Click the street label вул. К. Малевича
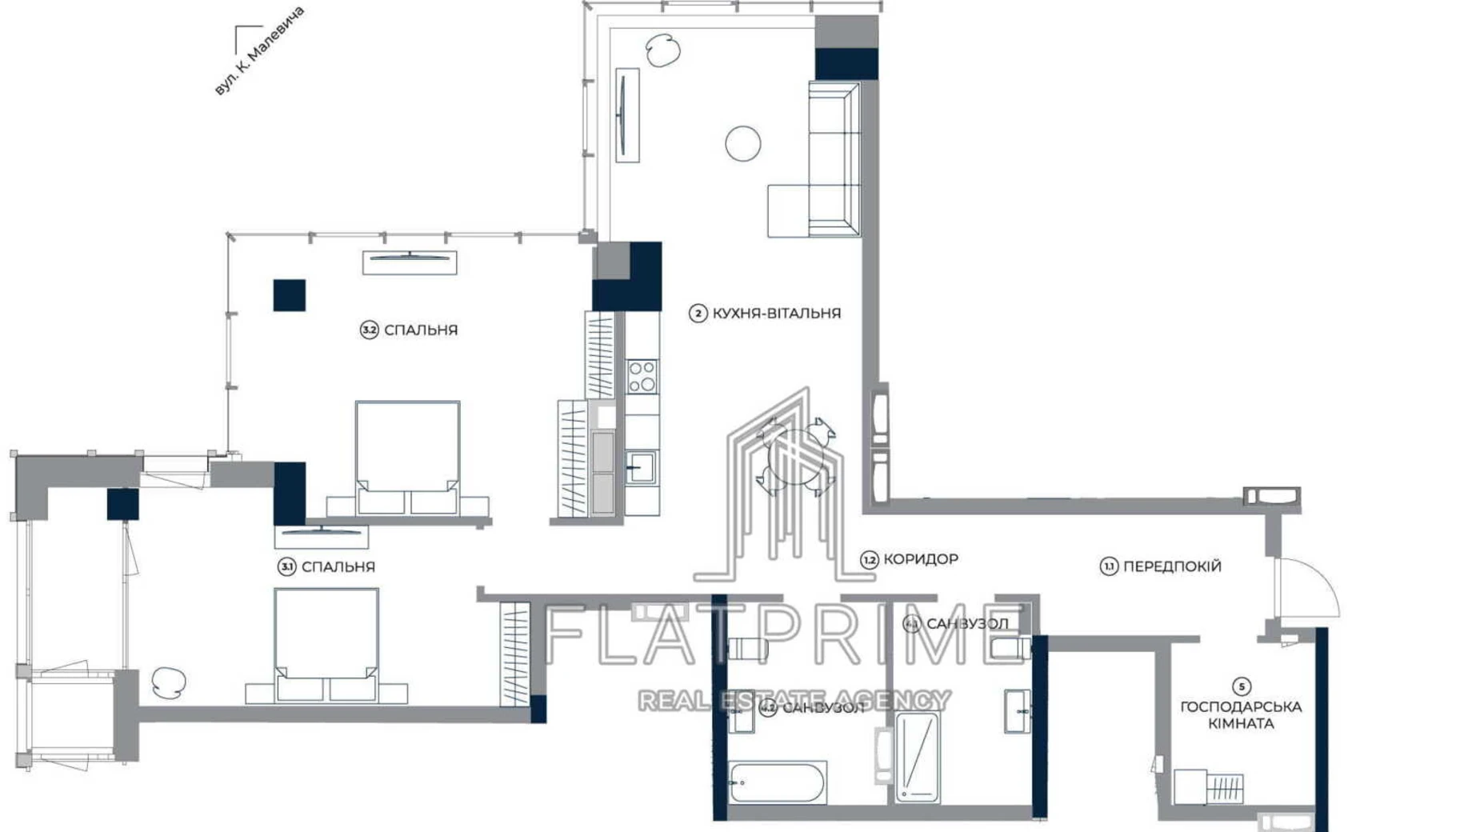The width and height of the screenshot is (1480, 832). [260, 51]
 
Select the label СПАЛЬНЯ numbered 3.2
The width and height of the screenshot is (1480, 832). [420, 330]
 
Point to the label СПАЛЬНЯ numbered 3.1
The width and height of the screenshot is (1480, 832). [338, 566]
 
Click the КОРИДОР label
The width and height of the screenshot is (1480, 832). [919, 559]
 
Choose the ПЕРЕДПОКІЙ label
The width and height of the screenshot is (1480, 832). [1171, 566]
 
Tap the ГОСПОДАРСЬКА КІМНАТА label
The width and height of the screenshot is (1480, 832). [1240, 715]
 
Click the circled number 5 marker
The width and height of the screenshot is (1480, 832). [1241, 686]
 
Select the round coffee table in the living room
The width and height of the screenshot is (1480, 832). [742, 144]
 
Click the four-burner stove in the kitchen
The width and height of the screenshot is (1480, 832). [642, 376]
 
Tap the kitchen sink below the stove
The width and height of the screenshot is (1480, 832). [640, 467]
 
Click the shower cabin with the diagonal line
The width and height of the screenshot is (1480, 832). [917, 755]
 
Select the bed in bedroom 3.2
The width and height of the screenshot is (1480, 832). [407, 456]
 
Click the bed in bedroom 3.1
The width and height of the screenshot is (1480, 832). [326, 644]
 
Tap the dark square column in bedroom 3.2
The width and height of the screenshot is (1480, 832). [289, 295]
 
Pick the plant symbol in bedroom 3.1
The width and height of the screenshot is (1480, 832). [168, 682]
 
